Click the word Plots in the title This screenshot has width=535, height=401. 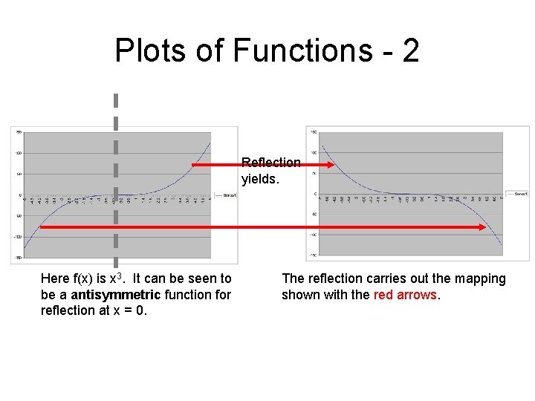(146, 50)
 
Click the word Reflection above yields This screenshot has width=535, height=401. (271, 162)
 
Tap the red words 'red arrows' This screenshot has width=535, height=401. (406, 295)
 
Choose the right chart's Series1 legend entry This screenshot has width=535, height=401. (517, 193)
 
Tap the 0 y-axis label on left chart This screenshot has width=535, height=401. (20, 195)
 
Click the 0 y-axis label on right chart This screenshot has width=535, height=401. (315, 194)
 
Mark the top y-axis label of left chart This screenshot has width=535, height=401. (19, 132)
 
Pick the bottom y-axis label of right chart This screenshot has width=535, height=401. (314, 255)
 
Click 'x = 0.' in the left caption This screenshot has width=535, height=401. (129, 310)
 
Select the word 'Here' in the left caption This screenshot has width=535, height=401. (55, 279)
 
